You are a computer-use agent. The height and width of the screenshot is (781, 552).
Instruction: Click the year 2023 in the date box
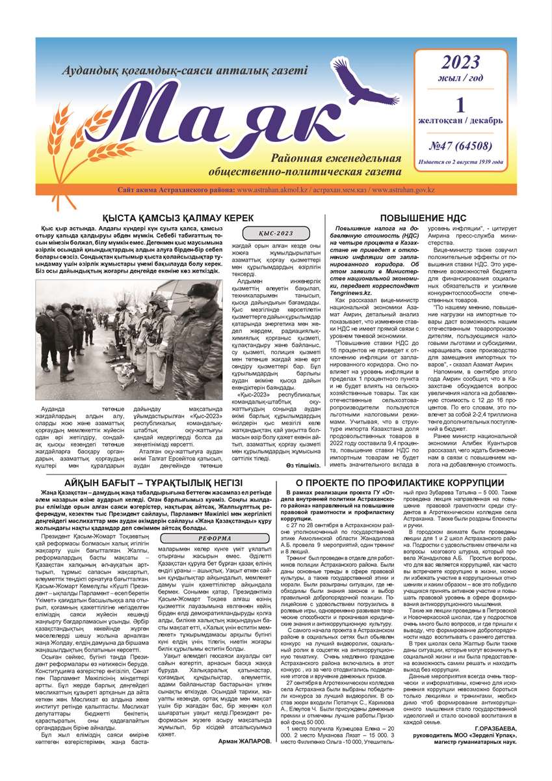[x=460, y=63]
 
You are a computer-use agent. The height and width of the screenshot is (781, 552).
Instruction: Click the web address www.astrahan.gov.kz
[x=463, y=189]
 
